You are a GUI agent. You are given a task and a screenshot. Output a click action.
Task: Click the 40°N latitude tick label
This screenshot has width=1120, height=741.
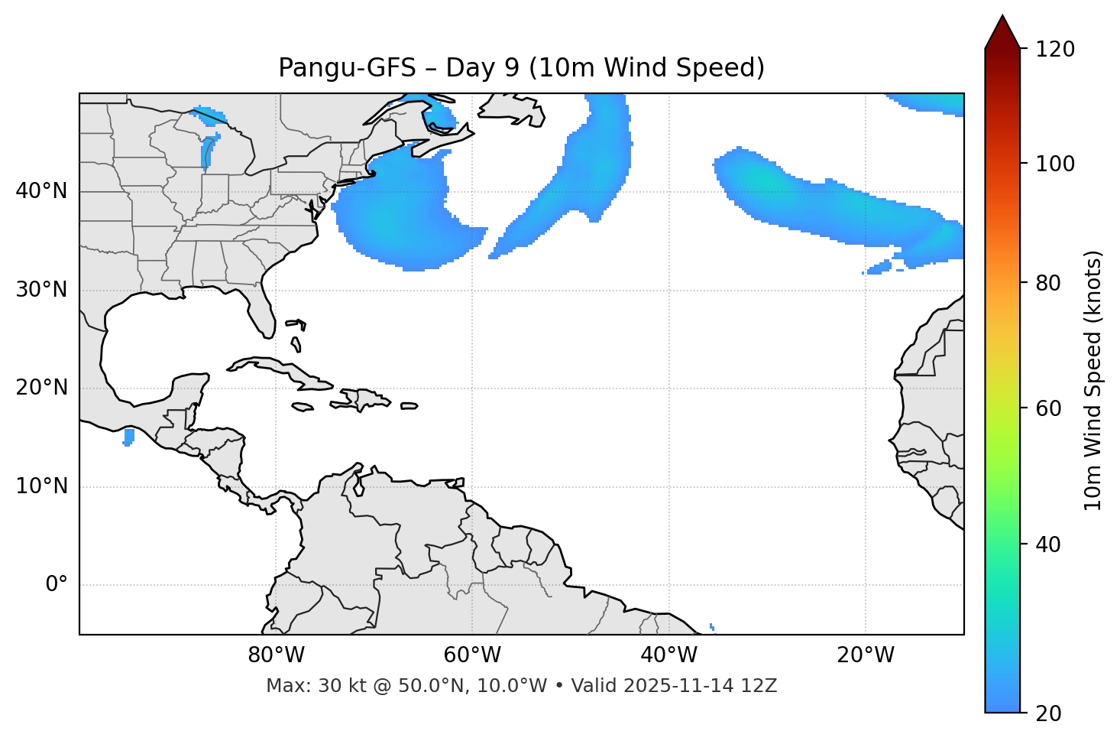click(x=41, y=191)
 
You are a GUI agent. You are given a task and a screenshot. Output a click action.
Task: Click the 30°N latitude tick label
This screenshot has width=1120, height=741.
click(x=41, y=290)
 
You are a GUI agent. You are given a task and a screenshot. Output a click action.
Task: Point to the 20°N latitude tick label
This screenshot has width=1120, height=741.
click(x=41, y=388)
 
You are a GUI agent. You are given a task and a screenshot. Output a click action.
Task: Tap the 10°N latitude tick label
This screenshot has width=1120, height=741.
click(x=41, y=486)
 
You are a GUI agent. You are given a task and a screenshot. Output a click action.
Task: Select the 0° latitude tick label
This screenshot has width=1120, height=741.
click(x=57, y=585)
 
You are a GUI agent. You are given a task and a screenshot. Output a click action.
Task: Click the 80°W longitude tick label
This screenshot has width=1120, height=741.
click(x=276, y=655)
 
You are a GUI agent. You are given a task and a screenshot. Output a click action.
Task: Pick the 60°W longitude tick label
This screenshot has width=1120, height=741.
click(x=472, y=655)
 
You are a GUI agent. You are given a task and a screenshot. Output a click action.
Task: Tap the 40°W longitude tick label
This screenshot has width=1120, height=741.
click(x=668, y=655)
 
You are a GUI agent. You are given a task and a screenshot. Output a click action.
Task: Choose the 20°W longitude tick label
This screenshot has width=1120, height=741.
click(x=865, y=655)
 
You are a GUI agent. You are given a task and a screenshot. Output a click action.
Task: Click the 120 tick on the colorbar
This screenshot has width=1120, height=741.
click(x=1057, y=50)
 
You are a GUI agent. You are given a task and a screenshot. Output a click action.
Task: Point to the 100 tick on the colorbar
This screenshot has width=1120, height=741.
click(x=1057, y=164)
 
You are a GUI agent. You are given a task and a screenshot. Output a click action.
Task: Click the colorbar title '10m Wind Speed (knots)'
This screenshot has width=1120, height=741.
click(x=1093, y=381)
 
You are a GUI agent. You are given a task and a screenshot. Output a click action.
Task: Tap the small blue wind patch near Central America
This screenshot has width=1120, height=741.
click(x=128, y=437)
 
